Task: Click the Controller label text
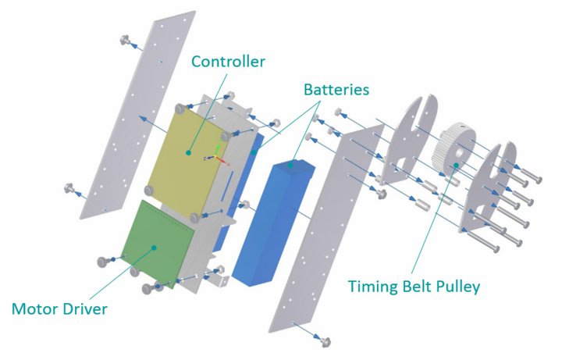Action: (228, 62)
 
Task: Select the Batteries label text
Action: (336, 90)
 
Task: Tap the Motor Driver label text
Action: (59, 308)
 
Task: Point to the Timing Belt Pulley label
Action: (414, 287)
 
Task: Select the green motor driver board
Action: (157, 244)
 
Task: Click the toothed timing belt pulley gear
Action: (454, 150)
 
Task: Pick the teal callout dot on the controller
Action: (188, 153)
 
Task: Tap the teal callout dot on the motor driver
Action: (154, 248)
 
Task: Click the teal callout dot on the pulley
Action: (457, 165)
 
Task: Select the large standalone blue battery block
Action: (273, 223)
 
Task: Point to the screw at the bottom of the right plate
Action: (325, 342)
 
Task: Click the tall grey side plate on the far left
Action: (137, 115)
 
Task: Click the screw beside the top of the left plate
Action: (125, 40)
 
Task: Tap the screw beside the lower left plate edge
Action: (69, 187)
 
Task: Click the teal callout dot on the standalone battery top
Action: (290, 166)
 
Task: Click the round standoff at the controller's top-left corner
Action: (180, 109)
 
